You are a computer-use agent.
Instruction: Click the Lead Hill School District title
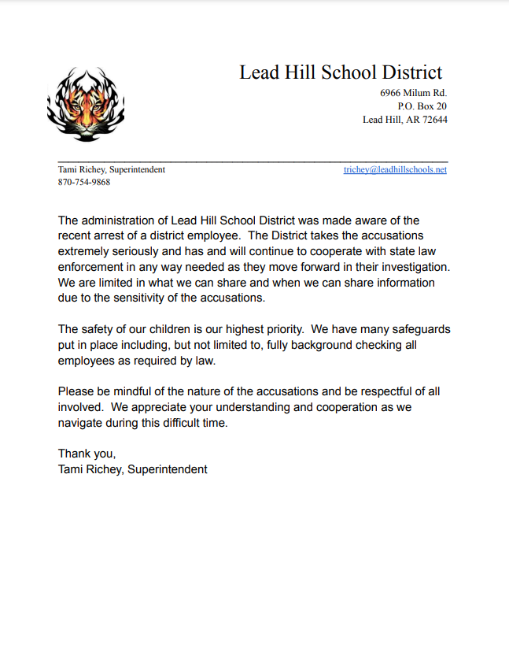pyautogui.click(x=341, y=72)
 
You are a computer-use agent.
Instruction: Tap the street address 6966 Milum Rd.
pyautogui.click(x=413, y=93)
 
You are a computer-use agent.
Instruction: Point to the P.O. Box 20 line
pyautogui.click(x=422, y=106)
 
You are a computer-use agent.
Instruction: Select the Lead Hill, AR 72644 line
pyautogui.click(x=404, y=120)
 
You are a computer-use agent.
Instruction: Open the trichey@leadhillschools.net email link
pyautogui.click(x=395, y=170)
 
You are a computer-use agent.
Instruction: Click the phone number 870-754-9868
pyautogui.click(x=84, y=182)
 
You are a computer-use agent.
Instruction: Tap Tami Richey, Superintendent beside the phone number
pyautogui.click(x=112, y=170)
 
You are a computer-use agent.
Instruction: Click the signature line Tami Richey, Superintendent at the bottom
pyautogui.click(x=132, y=469)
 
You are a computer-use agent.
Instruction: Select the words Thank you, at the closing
pyautogui.click(x=87, y=454)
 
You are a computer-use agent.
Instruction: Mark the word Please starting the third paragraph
pyautogui.click(x=77, y=392)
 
